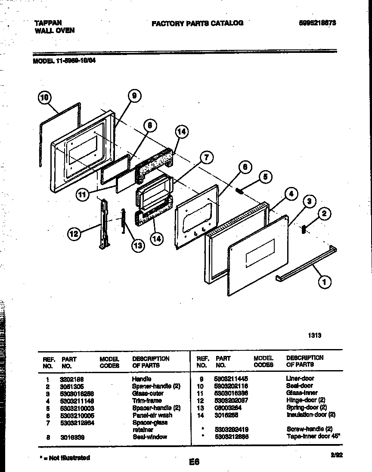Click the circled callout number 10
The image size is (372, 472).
tap(43, 98)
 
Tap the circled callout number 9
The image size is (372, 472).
tap(134, 96)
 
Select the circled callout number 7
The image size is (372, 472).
tap(206, 158)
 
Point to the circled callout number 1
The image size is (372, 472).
tap(324, 282)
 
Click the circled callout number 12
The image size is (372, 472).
tap(74, 234)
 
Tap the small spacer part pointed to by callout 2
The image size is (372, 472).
tap(305, 230)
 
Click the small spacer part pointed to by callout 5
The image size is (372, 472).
tap(239, 190)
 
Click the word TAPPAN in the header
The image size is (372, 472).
tap(48, 22)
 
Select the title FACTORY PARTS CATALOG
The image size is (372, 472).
tap(197, 23)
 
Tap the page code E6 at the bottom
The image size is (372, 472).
tap(194, 462)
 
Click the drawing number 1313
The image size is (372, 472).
tap(315, 335)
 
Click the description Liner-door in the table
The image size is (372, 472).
tap(300, 378)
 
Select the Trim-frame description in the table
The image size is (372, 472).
tap(147, 401)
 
